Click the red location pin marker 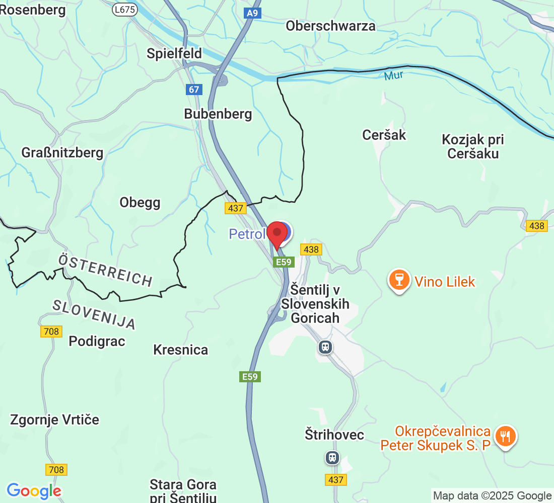[276, 234]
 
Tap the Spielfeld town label [174, 53]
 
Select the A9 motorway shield [253, 13]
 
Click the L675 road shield [125, 9]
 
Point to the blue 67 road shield [194, 90]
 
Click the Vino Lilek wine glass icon [399, 280]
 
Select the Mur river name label [393, 76]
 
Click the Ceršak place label [384, 135]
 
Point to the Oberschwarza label [330, 26]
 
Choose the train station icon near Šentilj [326, 347]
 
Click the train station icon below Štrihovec [332, 457]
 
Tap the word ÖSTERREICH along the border [105, 270]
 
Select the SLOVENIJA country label [94, 314]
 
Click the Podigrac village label [97, 341]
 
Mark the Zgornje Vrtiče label [55, 420]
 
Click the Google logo [34, 490]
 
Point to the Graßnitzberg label [62, 152]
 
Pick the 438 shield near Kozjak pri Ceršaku [536, 226]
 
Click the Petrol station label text [247, 234]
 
